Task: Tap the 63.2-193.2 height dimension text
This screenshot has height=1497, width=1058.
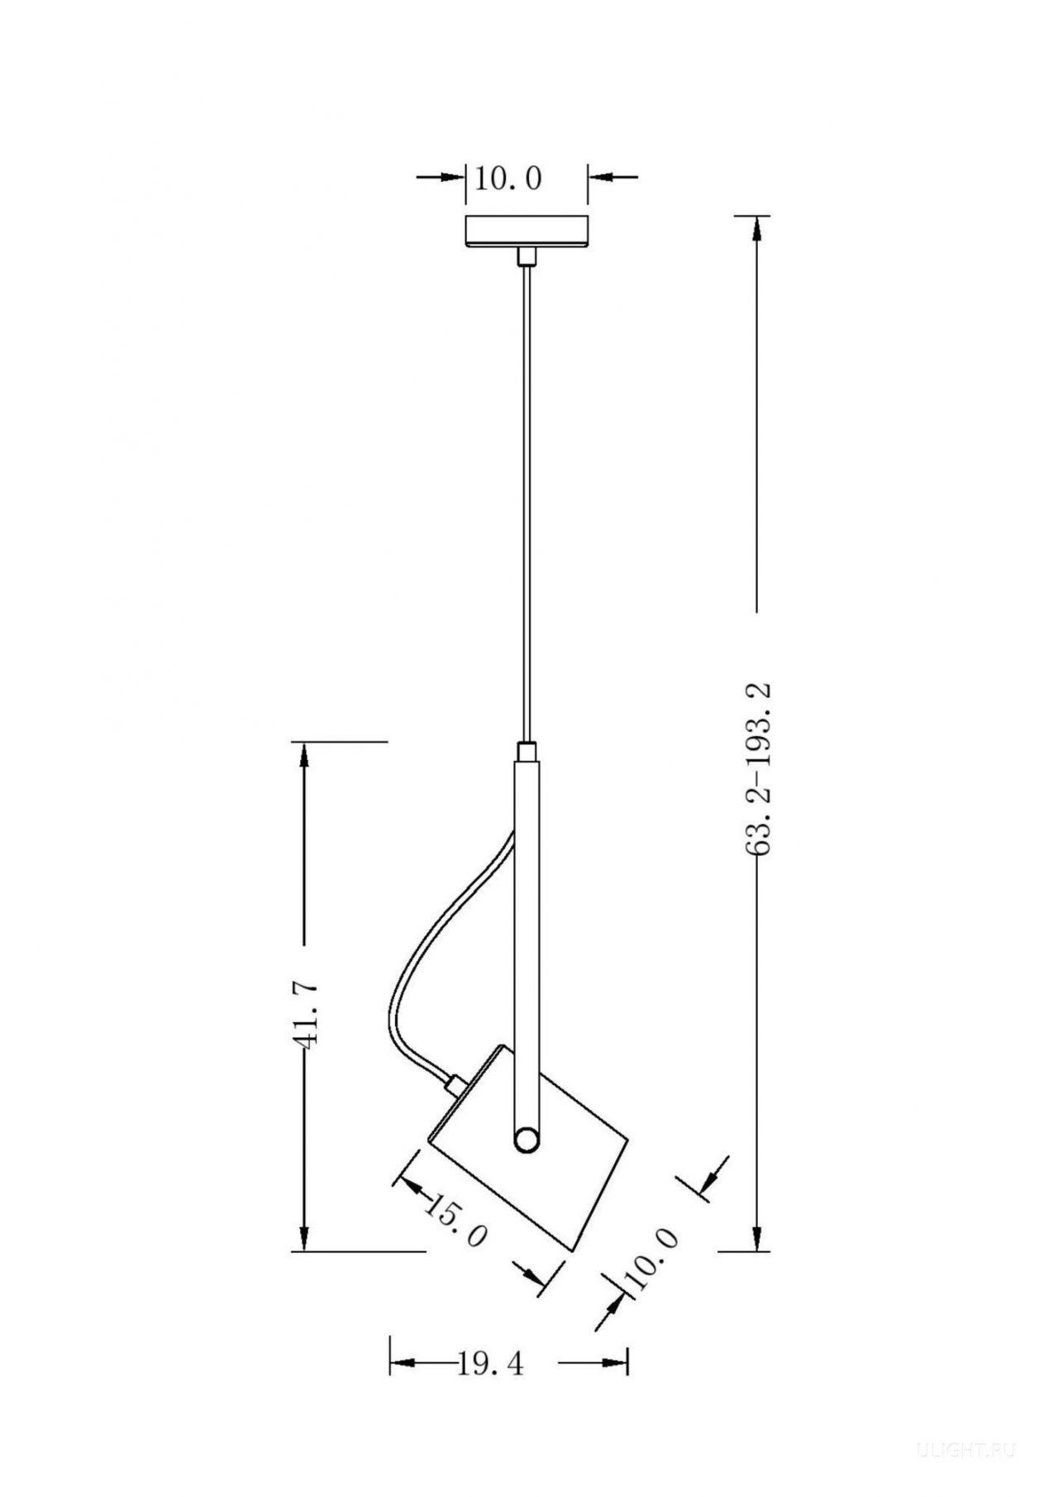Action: click(x=757, y=769)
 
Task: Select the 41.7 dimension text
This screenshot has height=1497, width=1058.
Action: click(x=304, y=1015)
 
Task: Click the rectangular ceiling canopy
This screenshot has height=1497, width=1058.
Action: click(x=527, y=231)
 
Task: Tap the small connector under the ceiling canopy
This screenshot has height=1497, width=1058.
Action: click(x=526, y=256)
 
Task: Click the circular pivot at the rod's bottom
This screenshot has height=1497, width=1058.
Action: click(x=526, y=1141)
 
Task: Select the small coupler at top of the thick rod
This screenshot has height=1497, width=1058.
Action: click(x=526, y=752)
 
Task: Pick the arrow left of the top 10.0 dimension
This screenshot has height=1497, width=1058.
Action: click(x=441, y=176)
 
